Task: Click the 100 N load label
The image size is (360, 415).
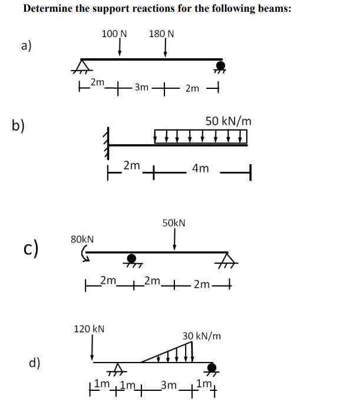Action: [115, 34]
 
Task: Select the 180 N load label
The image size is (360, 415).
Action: [161, 34]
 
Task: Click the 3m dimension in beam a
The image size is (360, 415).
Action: [141, 88]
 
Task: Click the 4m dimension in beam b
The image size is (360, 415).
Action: [200, 169]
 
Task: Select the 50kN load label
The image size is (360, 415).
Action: [174, 223]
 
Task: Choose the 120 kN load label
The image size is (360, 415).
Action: [89, 328]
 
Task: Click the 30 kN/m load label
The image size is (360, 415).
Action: [202, 336]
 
